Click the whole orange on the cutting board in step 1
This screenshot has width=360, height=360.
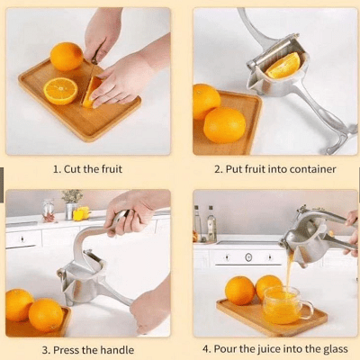coord(67,57)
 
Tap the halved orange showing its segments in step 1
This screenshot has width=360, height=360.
coord(60,91)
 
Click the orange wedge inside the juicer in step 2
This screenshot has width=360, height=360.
coord(283,66)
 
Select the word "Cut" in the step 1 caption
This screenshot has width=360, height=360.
coord(73,169)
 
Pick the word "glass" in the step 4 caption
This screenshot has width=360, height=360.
coord(336,349)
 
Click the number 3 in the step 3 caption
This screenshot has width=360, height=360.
coord(45,350)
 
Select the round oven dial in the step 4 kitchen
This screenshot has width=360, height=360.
coord(248,257)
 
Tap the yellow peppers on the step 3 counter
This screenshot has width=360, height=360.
coord(81,213)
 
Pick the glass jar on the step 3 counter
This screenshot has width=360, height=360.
coord(49,210)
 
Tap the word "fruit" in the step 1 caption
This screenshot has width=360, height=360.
coord(112,169)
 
